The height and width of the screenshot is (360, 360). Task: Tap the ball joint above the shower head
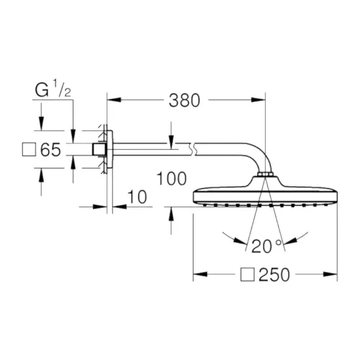point(266,177)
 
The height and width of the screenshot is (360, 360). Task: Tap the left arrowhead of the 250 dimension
point(198,275)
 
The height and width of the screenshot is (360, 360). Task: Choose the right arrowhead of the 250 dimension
point(333,275)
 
